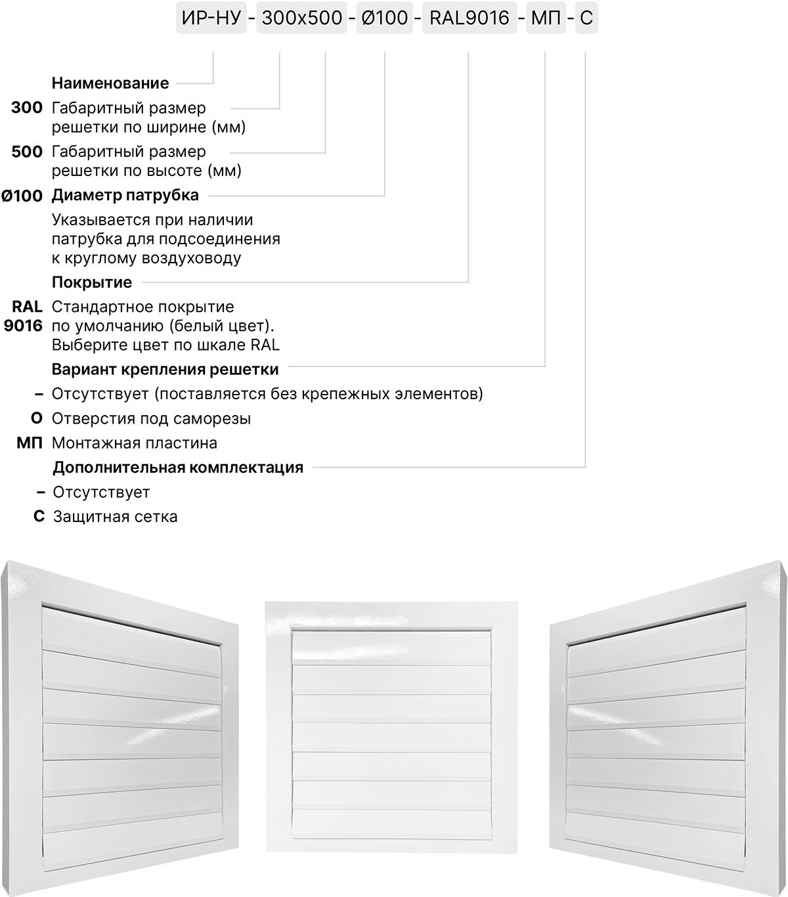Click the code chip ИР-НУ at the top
coord(211,18)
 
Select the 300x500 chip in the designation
coord(301,18)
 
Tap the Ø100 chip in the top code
coord(384,18)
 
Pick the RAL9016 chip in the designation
coord(469,18)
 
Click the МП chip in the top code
coord(546,18)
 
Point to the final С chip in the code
coord(586,18)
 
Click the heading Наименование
coord(110,83)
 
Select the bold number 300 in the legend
coord(27,108)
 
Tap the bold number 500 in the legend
coord(27,152)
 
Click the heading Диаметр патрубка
coord(125,195)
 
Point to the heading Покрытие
coord(92,282)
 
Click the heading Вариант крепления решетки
coord(165,370)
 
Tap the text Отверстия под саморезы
coord(151,419)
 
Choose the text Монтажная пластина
coord(135,443)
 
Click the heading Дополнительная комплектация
coord(178,468)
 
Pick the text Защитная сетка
coord(116,517)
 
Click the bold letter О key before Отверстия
coord(37,419)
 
